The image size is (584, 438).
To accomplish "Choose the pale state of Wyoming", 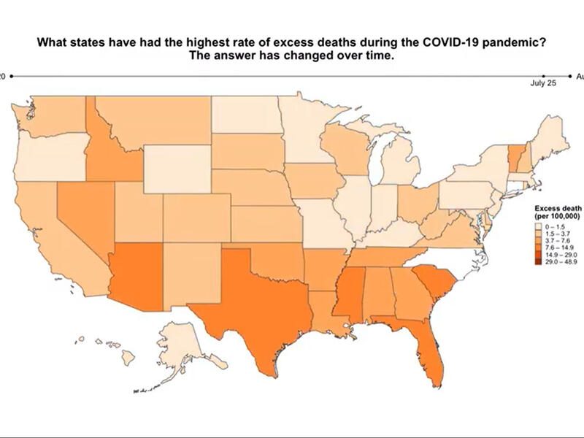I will [x=176, y=168].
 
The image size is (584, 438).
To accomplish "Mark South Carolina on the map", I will [x=435, y=285].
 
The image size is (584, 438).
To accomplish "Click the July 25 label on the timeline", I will [x=543, y=84].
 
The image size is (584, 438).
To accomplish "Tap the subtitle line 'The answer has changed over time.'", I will [x=291, y=57].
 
